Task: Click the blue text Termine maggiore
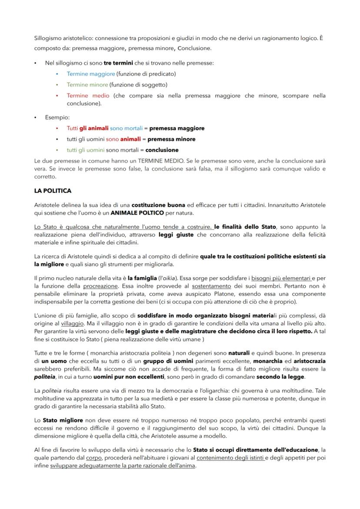coord(90,74)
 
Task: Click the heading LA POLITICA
coord(53,191)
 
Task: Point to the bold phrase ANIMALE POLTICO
coord(137,213)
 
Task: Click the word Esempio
coord(57,117)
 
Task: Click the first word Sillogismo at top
coord(49,38)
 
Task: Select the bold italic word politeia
coord(45,377)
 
